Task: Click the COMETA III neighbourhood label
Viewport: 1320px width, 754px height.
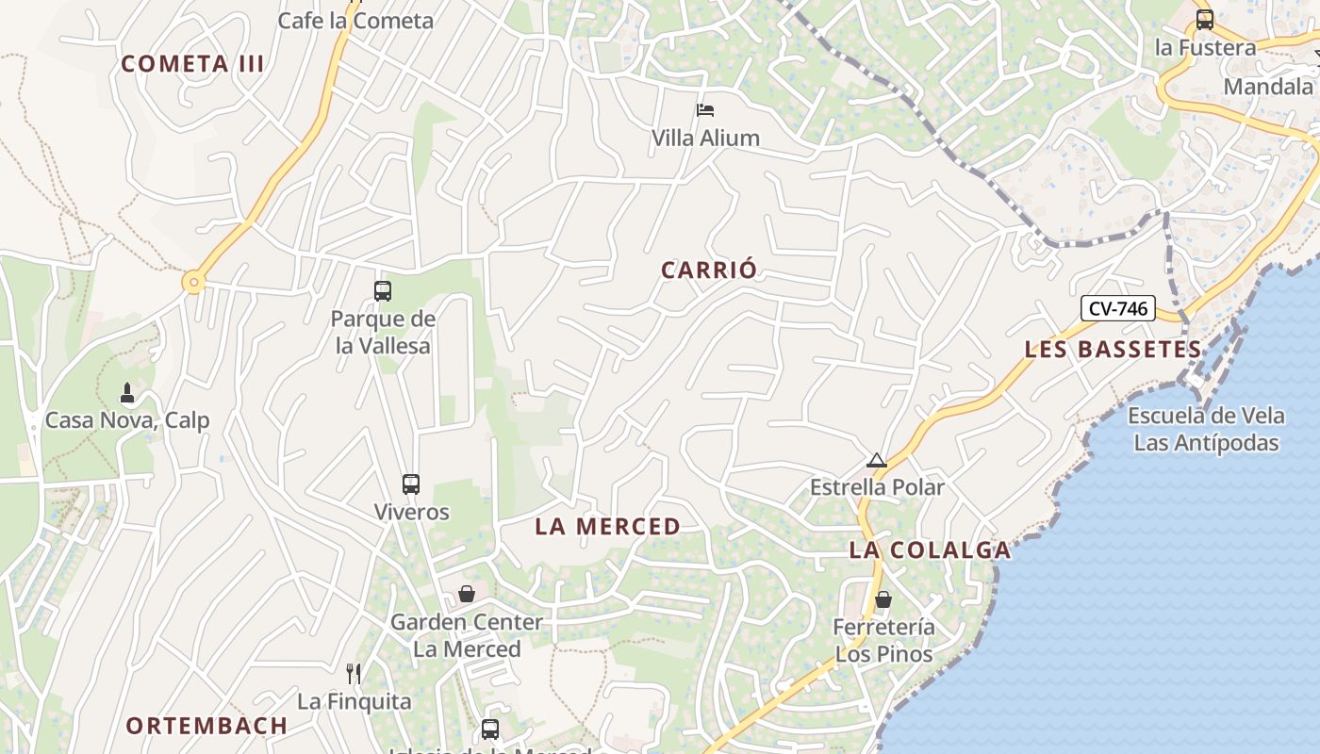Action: point(193,64)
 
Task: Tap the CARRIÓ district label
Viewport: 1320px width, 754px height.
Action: point(709,270)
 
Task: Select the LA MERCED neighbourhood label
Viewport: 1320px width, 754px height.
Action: point(608,527)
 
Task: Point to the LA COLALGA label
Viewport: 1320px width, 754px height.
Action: point(930,550)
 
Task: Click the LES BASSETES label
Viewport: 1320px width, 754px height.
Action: point(1114,350)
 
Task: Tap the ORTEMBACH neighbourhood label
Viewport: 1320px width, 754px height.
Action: point(206,726)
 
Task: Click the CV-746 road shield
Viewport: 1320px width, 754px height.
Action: point(1117,308)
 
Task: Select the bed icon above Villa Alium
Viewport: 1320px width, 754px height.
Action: point(705,110)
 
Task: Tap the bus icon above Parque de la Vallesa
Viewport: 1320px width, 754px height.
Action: point(382,291)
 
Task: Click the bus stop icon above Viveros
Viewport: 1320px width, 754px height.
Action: point(411,484)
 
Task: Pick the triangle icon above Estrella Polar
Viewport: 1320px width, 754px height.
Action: point(877,461)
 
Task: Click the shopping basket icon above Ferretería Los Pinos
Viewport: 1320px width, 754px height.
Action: point(883,599)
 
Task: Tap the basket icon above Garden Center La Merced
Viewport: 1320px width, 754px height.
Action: point(467,594)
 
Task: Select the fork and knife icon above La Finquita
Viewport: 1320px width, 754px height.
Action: point(354,673)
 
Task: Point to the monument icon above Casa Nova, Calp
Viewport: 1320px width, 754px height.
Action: point(127,392)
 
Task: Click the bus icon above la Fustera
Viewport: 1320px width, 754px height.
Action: point(1205,20)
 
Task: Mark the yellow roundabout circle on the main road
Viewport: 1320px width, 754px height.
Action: point(194,282)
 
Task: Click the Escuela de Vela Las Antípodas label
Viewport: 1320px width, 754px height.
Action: point(1206,429)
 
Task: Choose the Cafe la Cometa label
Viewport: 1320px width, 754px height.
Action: point(355,21)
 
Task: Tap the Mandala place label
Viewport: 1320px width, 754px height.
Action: point(1268,87)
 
